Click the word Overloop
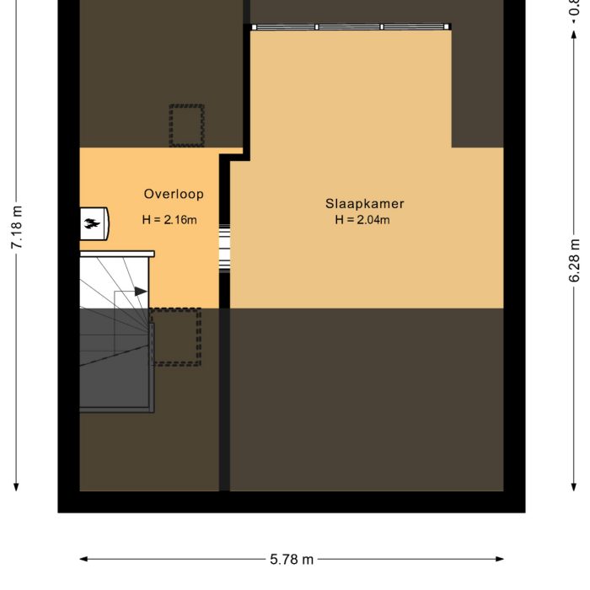click(x=174, y=194)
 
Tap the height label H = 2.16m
click(x=169, y=220)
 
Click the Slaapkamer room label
click(x=365, y=204)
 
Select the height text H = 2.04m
click(x=362, y=220)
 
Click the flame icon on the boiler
click(x=91, y=223)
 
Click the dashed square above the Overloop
click(x=186, y=126)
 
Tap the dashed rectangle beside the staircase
click(x=176, y=336)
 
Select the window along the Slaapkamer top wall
click(x=351, y=27)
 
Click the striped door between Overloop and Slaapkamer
click(x=225, y=249)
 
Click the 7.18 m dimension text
click(x=16, y=227)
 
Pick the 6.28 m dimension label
click(x=575, y=260)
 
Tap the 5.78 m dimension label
click(x=292, y=559)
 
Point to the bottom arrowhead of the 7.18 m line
click(x=16, y=488)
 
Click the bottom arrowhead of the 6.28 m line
click(x=575, y=488)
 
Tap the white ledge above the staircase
click(x=117, y=253)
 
